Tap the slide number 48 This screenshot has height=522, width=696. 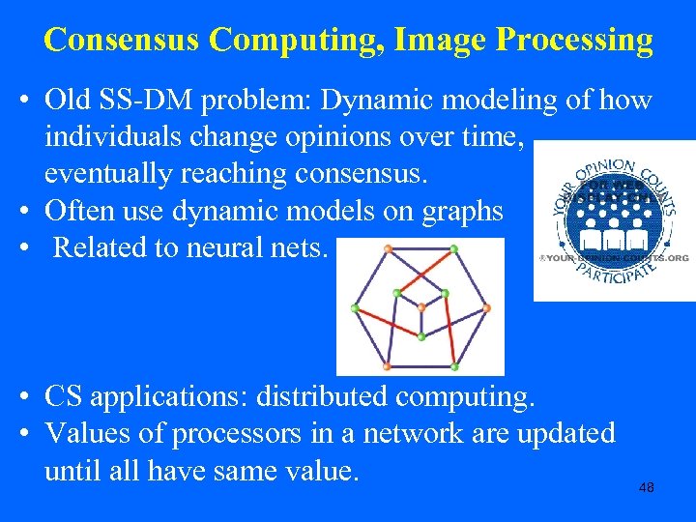[x=647, y=488]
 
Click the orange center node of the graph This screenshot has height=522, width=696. [x=420, y=307]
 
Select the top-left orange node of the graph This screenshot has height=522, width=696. [x=388, y=249]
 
